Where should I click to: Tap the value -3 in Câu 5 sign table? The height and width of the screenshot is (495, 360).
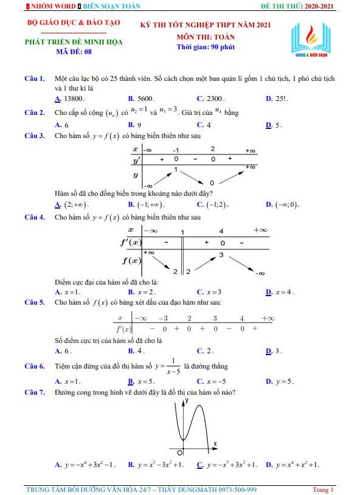[x=163, y=318]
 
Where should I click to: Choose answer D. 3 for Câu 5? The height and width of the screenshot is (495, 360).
[x=277, y=351]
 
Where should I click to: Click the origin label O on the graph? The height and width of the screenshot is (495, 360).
[x=180, y=453]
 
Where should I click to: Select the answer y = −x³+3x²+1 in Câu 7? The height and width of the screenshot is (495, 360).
[x=230, y=465]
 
